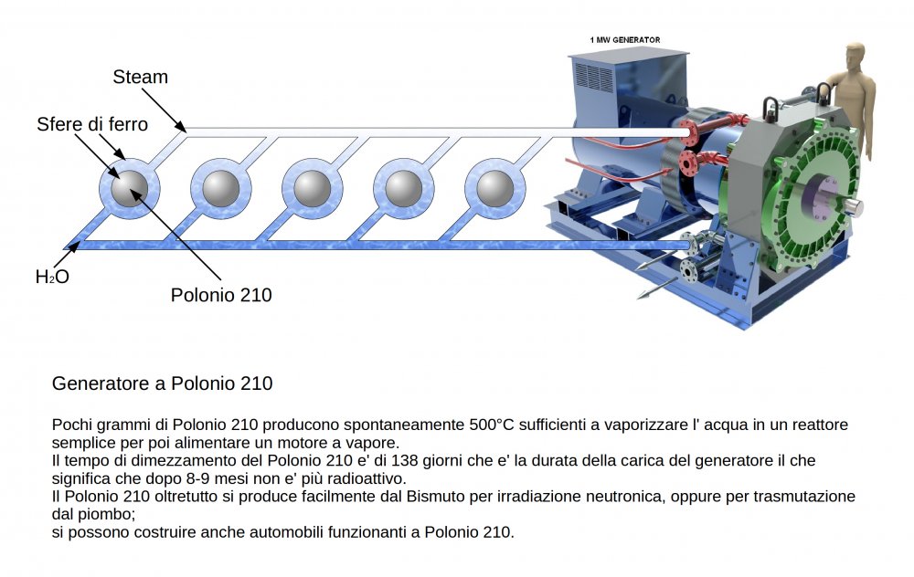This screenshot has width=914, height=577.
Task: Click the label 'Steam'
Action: tap(141, 78)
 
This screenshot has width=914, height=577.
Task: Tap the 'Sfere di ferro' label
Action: tap(91, 123)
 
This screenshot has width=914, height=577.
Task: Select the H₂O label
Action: tap(52, 277)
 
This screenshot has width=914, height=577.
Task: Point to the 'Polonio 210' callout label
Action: tap(221, 295)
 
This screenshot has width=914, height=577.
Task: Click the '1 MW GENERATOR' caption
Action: tap(625, 40)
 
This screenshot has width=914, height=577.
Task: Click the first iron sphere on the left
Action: tap(129, 189)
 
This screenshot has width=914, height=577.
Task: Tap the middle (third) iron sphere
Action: tap(313, 189)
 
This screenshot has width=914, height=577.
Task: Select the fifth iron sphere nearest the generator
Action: tap(495, 189)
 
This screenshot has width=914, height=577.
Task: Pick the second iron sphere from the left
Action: tap(221, 189)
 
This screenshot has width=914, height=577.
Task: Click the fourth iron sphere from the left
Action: tap(404, 189)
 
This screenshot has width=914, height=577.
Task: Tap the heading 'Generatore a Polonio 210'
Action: tap(163, 383)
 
